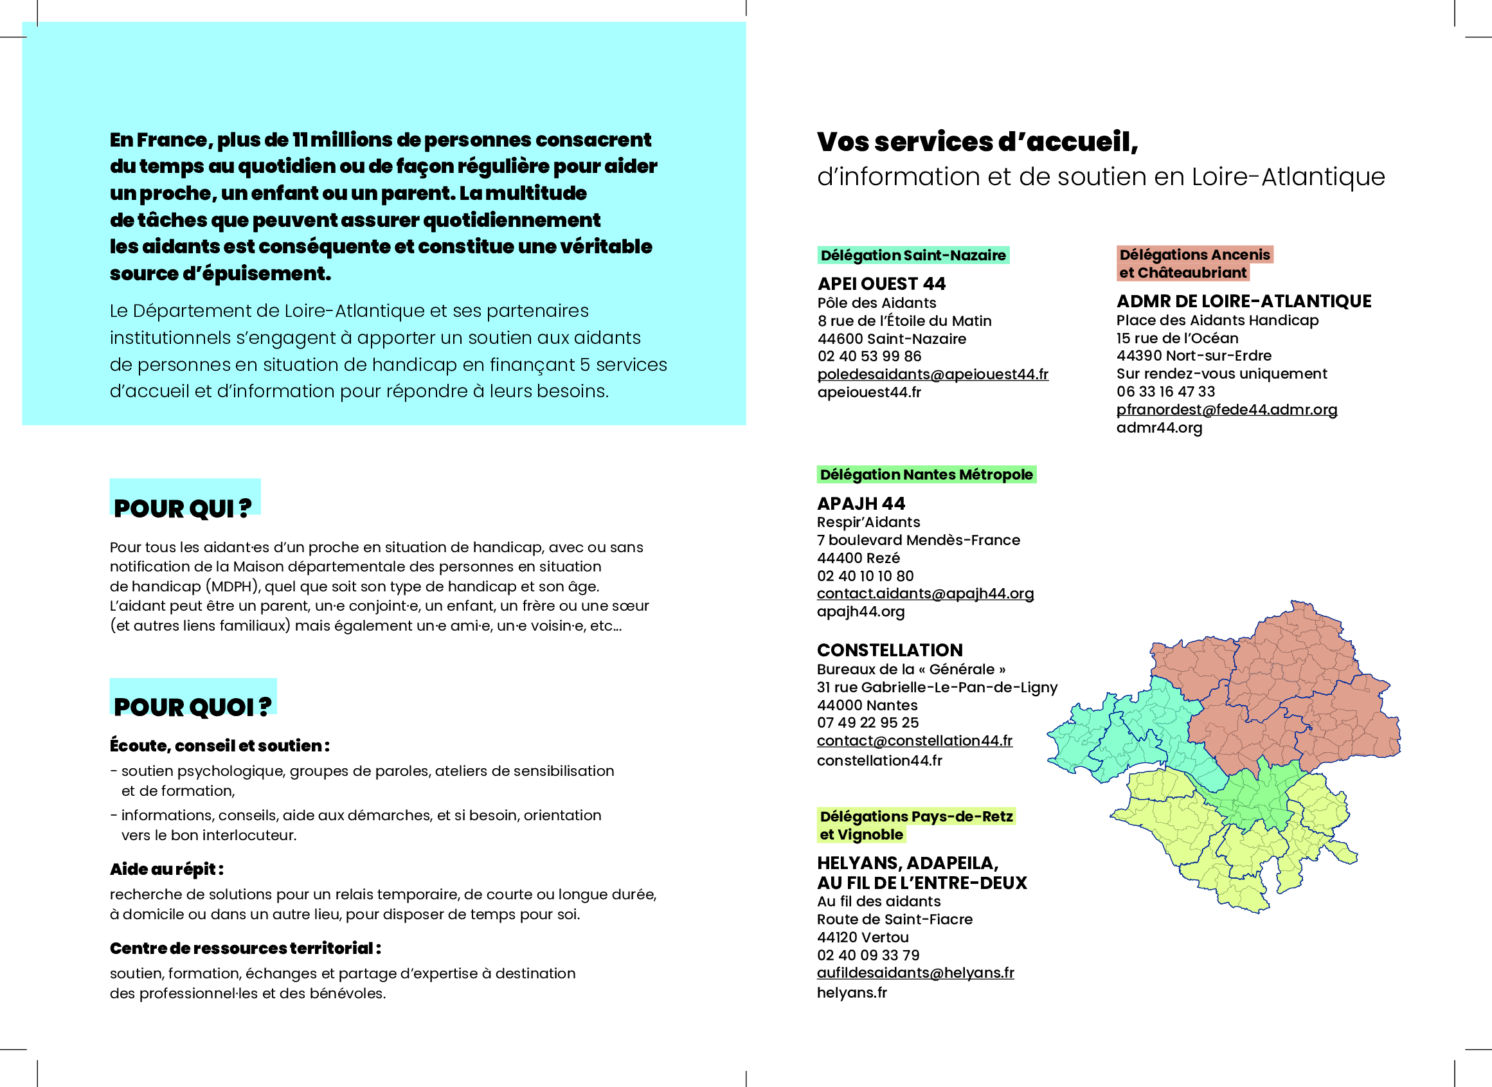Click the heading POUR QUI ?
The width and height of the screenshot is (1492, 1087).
click(182, 508)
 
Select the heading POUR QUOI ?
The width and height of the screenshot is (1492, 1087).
click(192, 707)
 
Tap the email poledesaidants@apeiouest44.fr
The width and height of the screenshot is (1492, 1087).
click(932, 374)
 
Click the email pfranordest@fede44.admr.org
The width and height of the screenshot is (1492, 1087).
click(1227, 410)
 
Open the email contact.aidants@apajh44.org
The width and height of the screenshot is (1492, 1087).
click(925, 593)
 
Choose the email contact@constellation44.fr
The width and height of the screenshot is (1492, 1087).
click(914, 741)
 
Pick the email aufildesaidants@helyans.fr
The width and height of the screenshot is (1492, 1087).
click(915, 973)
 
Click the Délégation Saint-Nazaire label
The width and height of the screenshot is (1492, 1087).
click(913, 255)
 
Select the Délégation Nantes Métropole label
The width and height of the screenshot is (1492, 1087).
click(926, 475)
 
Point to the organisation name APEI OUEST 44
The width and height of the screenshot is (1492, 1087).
click(881, 284)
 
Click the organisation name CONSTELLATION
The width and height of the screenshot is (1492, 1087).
click(890, 651)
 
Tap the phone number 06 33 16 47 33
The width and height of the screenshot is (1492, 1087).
click(1165, 392)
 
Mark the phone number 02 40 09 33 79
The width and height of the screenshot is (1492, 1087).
click(868, 955)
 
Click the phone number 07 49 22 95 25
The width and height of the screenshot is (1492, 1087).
click(868, 723)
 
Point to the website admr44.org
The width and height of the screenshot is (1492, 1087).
click(1159, 428)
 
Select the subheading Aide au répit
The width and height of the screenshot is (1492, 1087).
click(166, 870)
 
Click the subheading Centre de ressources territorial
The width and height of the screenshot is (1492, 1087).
click(245, 949)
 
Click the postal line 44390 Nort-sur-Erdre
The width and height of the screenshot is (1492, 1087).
click(1193, 356)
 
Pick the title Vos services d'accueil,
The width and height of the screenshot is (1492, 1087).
click(977, 142)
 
